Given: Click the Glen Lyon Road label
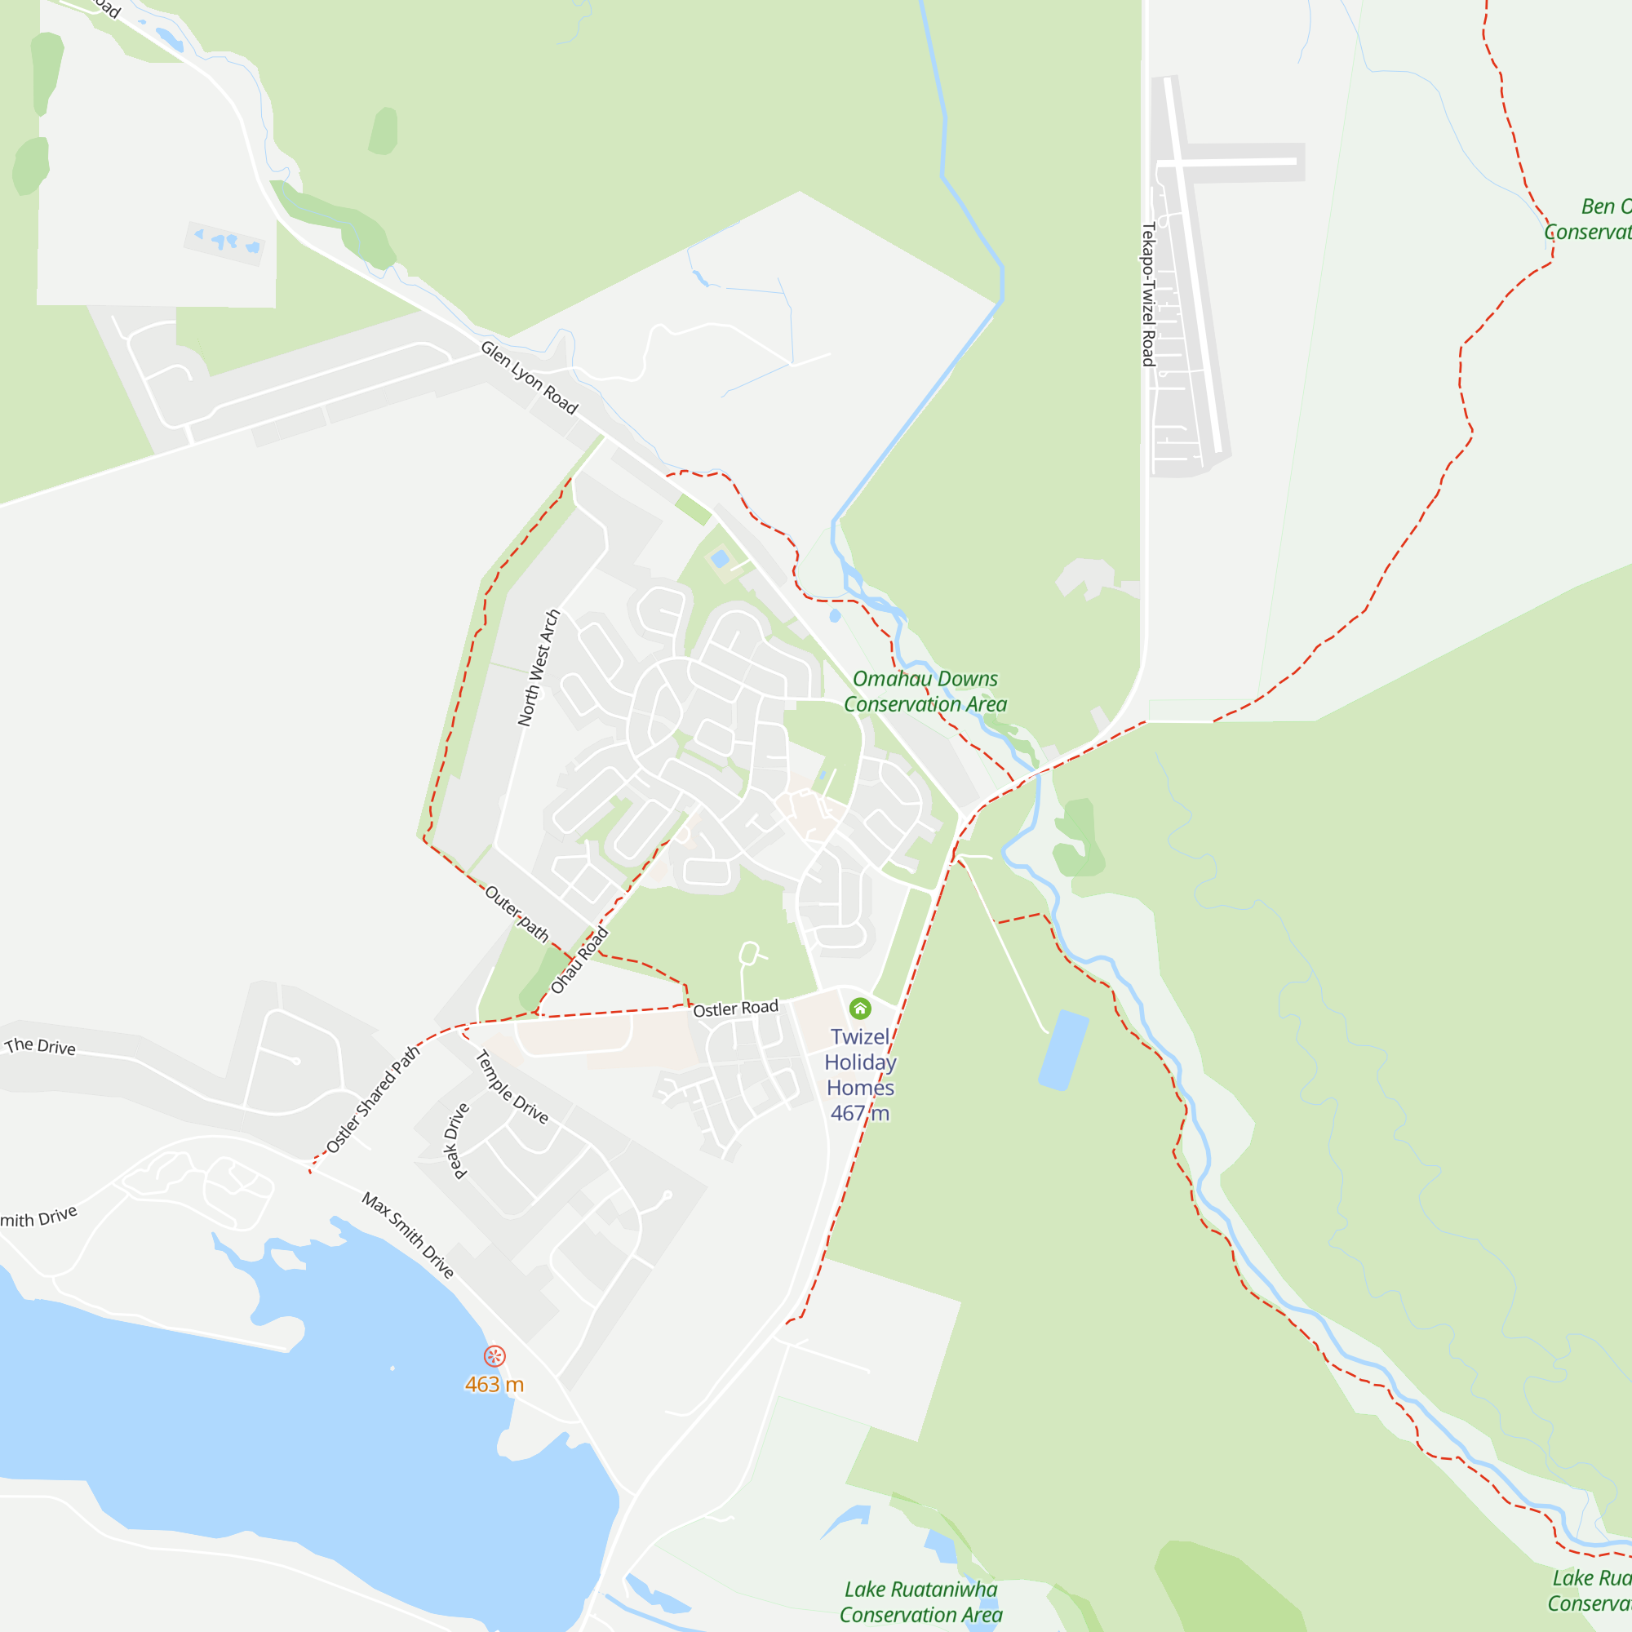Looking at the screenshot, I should pos(529,378).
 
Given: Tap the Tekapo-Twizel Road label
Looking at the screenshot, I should pos(1148,294).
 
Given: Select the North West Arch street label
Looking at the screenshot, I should pos(539,667).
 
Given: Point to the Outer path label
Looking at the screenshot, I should pos(517,913).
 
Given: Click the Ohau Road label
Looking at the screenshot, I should pos(579,960).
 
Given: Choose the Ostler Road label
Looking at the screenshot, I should pos(735,1009).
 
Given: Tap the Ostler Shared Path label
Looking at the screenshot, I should pos(373,1099).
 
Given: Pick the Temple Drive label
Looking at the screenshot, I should pos(512,1086).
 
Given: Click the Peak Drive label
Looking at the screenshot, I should pos(456,1141).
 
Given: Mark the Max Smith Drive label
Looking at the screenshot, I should pos(408,1235).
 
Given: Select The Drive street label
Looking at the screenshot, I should pos(41,1047).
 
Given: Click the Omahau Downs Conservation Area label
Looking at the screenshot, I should pos(925,691).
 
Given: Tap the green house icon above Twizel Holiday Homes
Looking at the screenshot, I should pos(860,1009).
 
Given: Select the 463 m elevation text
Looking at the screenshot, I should pos(494,1385).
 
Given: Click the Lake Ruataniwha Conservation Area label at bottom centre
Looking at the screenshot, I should pos(920,1602).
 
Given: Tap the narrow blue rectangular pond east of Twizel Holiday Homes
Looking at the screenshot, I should pos(1062,1050).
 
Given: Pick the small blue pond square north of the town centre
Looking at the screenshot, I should pos(720,558).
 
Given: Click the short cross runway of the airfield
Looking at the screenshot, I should pos(1227,162).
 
